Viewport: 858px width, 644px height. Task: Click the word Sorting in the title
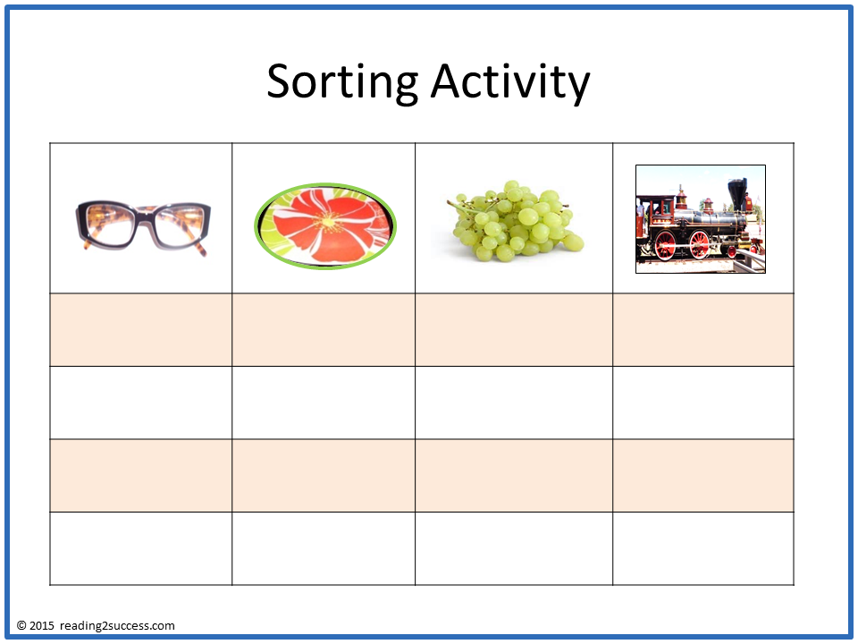pos(341,82)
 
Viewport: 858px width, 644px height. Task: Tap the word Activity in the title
pos(509,82)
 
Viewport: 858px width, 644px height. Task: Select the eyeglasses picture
pos(143,226)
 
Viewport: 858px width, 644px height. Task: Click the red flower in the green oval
pos(325,225)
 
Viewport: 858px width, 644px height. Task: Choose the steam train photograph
pos(700,219)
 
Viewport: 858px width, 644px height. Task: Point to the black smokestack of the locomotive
pos(737,194)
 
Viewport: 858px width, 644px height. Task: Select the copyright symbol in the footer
pos(21,626)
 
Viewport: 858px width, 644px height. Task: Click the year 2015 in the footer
pos(43,626)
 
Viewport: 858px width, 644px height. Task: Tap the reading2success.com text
pos(118,626)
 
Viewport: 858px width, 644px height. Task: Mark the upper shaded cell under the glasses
pos(141,330)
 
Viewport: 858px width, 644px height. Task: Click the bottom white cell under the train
pos(702,548)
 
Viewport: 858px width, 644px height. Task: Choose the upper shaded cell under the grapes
pos(514,330)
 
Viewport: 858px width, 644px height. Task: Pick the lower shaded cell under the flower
pos(324,475)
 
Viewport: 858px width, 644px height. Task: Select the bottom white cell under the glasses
pos(141,548)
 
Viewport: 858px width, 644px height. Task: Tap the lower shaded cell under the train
pos(702,475)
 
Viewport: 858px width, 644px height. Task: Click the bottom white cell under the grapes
pos(514,548)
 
